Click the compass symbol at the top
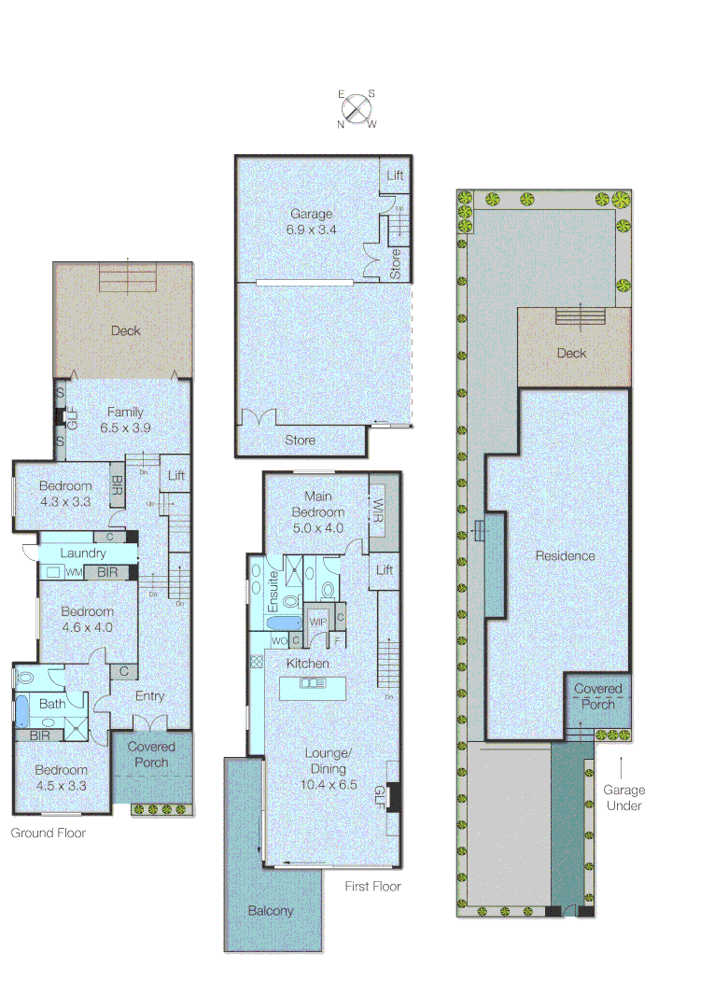(357, 108)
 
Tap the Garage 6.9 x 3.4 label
(311, 221)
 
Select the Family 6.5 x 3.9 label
(124, 420)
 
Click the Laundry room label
(83, 553)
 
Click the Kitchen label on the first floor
(308, 664)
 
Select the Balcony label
(271, 911)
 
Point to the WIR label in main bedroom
(378, 510)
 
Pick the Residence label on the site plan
(565, 556)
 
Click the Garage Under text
(623, 798)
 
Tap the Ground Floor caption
(49, 833)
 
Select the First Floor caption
(372, 886)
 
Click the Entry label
(149, 696)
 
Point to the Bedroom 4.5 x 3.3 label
(62, 777)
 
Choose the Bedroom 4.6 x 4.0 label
(87, 620)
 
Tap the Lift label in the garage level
(395, 175)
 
